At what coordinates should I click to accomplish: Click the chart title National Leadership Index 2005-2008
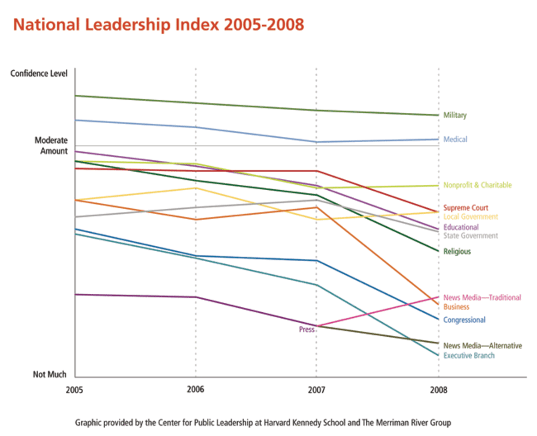[158, 26]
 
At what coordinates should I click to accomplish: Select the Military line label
[455, 116]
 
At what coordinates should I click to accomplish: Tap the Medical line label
[455, 140]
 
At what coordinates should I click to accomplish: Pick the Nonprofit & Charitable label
[478, 185]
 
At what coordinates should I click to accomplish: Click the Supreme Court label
[466, 208]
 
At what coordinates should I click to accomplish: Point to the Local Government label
[470, 217]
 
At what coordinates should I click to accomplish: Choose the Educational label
[461, 227]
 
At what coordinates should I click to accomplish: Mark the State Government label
[470, 236]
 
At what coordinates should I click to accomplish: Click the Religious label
[457, 252]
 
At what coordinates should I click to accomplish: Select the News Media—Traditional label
[482, 298]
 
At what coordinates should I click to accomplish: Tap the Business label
[456, 307]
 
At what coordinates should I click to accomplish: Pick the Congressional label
[464, 320]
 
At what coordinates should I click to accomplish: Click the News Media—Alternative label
[482, 346]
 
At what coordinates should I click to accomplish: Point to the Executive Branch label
[469, 356]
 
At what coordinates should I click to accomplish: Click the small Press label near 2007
[306, 330]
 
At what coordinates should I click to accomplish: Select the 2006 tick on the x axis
[195, 389]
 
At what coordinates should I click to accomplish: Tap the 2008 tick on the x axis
[438, 390]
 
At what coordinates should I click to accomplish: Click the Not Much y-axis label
[50, 374]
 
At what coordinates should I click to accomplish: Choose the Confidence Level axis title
[39, 74]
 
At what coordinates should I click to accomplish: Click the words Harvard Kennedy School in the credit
[297, 423]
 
